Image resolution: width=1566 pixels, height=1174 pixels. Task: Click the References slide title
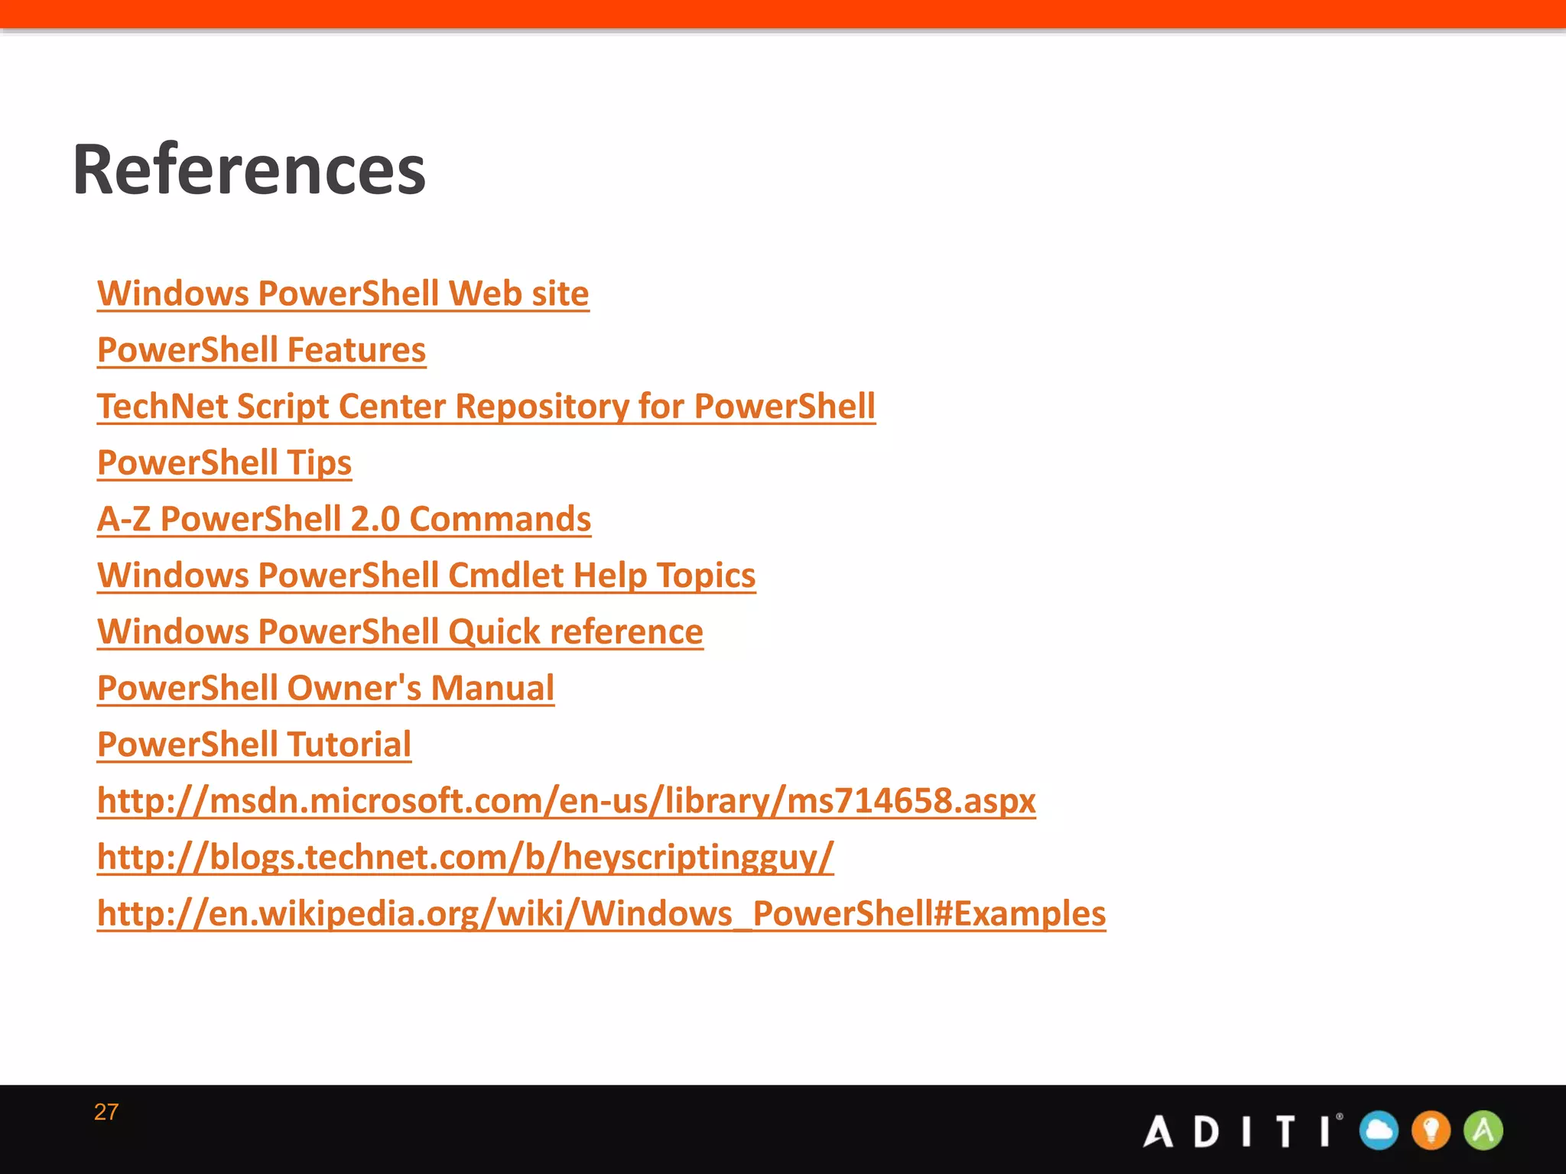pos(249,170)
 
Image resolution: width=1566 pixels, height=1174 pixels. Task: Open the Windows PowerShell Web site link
pos(343,294)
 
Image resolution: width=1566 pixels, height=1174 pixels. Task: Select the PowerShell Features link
pos(262,351)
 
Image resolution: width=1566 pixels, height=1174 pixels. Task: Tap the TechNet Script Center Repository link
pos(486,407)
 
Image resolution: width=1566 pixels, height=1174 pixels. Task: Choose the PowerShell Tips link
pos(224,463)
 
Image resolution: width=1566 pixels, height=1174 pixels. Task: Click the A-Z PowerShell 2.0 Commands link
pos(344,520)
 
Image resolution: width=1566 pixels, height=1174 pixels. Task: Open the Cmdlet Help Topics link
pos(426,576)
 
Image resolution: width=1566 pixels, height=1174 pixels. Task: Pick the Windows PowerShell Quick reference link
pos(400,632)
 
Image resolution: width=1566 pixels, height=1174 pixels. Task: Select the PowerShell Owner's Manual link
pos(326,689)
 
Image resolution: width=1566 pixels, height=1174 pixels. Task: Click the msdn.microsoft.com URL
pos(566,801)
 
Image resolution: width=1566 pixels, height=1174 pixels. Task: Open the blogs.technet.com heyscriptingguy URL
pos(465,858)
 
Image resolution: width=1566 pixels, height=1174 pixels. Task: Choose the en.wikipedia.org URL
pos(601,914)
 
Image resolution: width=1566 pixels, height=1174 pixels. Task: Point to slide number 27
pos(106,1112)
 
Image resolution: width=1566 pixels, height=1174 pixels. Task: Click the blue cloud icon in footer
pos(1379,1130)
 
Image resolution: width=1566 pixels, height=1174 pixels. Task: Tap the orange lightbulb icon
pos(1431,1130)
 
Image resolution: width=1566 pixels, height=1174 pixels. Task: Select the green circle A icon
pos(1483,1130)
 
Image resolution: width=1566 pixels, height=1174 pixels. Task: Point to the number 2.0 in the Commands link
pos(375,520)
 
